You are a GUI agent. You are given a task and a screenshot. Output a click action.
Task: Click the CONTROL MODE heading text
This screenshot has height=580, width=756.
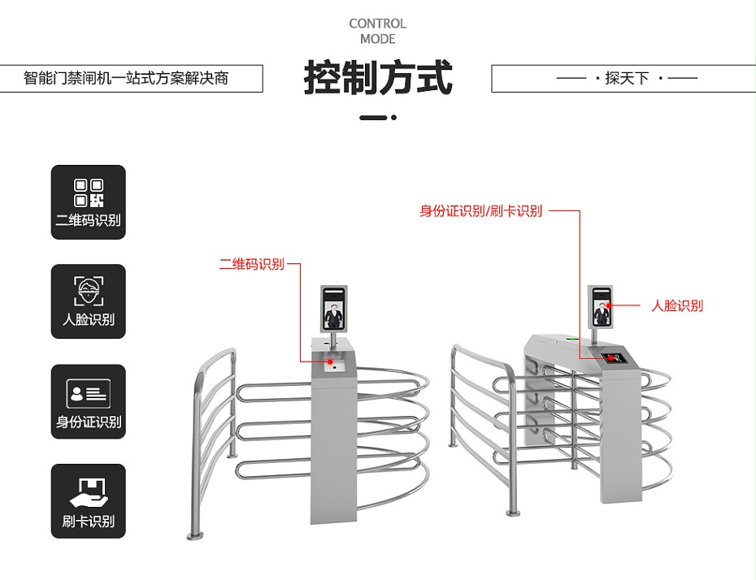click(377, 31)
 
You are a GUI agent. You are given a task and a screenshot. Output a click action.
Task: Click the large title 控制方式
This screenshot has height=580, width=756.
click(377, 78)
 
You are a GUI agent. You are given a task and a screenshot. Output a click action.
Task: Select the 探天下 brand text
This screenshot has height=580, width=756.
click(627, 79)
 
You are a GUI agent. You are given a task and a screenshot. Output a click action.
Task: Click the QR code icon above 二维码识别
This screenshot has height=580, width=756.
click(89, 193)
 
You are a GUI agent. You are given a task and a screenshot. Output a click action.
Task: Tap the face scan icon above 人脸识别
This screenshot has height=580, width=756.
click(89, 291)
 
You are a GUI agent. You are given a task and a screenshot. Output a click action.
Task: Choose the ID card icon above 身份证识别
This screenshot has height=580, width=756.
click(89, 394)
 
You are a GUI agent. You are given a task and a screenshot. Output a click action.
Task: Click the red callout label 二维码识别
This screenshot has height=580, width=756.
click(251, 264)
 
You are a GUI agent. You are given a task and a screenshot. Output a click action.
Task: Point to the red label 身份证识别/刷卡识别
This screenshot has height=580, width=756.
click(480, 211)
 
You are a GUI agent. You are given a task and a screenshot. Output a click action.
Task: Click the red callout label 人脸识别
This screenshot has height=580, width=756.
click(677, 305)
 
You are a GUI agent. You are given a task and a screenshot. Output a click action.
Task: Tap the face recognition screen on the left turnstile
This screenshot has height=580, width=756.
click(334, 308)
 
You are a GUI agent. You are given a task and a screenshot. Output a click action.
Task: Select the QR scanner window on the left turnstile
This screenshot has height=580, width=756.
click(334, 366)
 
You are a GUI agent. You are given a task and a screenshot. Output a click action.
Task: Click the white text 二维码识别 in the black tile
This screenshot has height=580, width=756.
click(89, 220)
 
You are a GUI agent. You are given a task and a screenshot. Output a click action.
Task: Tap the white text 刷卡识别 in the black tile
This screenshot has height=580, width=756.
click(89, 522)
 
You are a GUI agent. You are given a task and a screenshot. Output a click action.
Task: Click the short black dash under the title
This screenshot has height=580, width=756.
click(373, 118)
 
